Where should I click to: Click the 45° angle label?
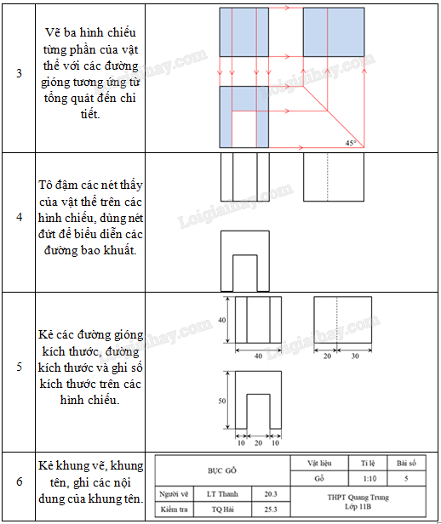click(x=351, y=143)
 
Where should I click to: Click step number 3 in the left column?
click(x=20, y=73)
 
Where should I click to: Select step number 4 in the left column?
click(x=20, y=217)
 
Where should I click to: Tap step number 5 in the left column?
click(x=20, y=367)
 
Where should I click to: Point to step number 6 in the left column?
click(x=20, y=481)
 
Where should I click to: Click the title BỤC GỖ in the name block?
click(x=222, y=470)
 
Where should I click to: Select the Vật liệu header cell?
click(x=319, y=463)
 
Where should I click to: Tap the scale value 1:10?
click(x=369, y=479)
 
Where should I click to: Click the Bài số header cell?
click(x=406, y=463)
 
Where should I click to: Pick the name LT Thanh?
click(x=222, y=494)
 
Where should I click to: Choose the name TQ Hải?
click(x=223, y=510)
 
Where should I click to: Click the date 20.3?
click(x=271, y=494)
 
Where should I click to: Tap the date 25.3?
click(x=271, y=510)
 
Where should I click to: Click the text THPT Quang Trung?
click(x=358, y=498)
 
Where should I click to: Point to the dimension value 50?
click(x=222, y=401)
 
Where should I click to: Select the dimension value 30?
click(x=355, y=356)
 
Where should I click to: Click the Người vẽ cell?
click(x=174, y=494)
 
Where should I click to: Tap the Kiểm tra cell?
click(x=174, y=510)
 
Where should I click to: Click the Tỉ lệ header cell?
click(x=368, y=463)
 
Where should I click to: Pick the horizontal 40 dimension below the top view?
click(x=258, y=356)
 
